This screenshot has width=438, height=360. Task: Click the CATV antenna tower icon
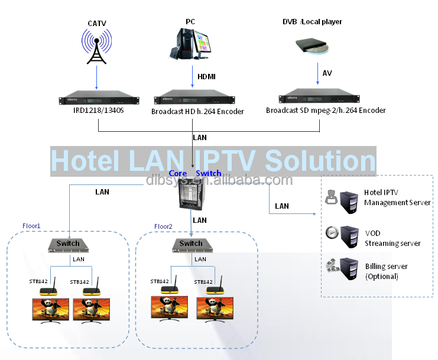pyautogui.click(x=95, y=48)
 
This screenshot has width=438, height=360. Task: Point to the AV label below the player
pyautogui.click(x=327, y=73)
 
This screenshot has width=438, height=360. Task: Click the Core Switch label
pyautogui.click(x=195, y=173)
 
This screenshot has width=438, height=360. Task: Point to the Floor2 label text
pyautogui.click(x=163, y=226)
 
